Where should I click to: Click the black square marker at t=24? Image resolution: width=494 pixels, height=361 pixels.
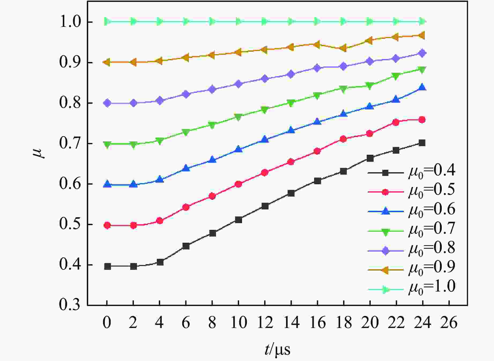pyautogui.click(x=422, y=143)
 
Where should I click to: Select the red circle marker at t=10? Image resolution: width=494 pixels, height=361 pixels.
pyautogui.click(x=238, y=184)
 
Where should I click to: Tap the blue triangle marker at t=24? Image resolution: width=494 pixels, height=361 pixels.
pyautogui.click(x=422, y=87)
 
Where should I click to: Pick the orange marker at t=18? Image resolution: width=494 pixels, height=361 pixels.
pyautogui.click(x=343, y=48)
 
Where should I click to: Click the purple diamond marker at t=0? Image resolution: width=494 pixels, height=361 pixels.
pyautogui.click(x=107, y=103)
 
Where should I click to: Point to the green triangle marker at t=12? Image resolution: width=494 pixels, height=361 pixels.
pyautogui.click(x=265, y=110)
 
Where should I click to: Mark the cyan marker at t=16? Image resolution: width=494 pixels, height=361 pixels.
pyautogui.click(x=317, y=21)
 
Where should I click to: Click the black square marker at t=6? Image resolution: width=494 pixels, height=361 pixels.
pyautogui.click(x=186, y=246)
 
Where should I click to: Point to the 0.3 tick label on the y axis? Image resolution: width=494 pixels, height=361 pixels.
pyautogui.click(x=69, y=305)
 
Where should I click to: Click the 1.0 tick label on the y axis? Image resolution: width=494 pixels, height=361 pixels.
pyautogui.click(x=69, y=22)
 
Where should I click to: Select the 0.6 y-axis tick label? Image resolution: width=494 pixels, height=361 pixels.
pyautogui.click(x=69, y=184)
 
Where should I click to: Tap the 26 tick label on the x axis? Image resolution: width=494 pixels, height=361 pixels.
pyautogui.click(x=448, y=323)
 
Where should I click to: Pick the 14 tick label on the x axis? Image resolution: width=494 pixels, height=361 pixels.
pyautogui.click(x=291, y=323)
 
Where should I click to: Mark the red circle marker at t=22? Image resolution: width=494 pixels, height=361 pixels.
pyautogui.click(x=396, y=122)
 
